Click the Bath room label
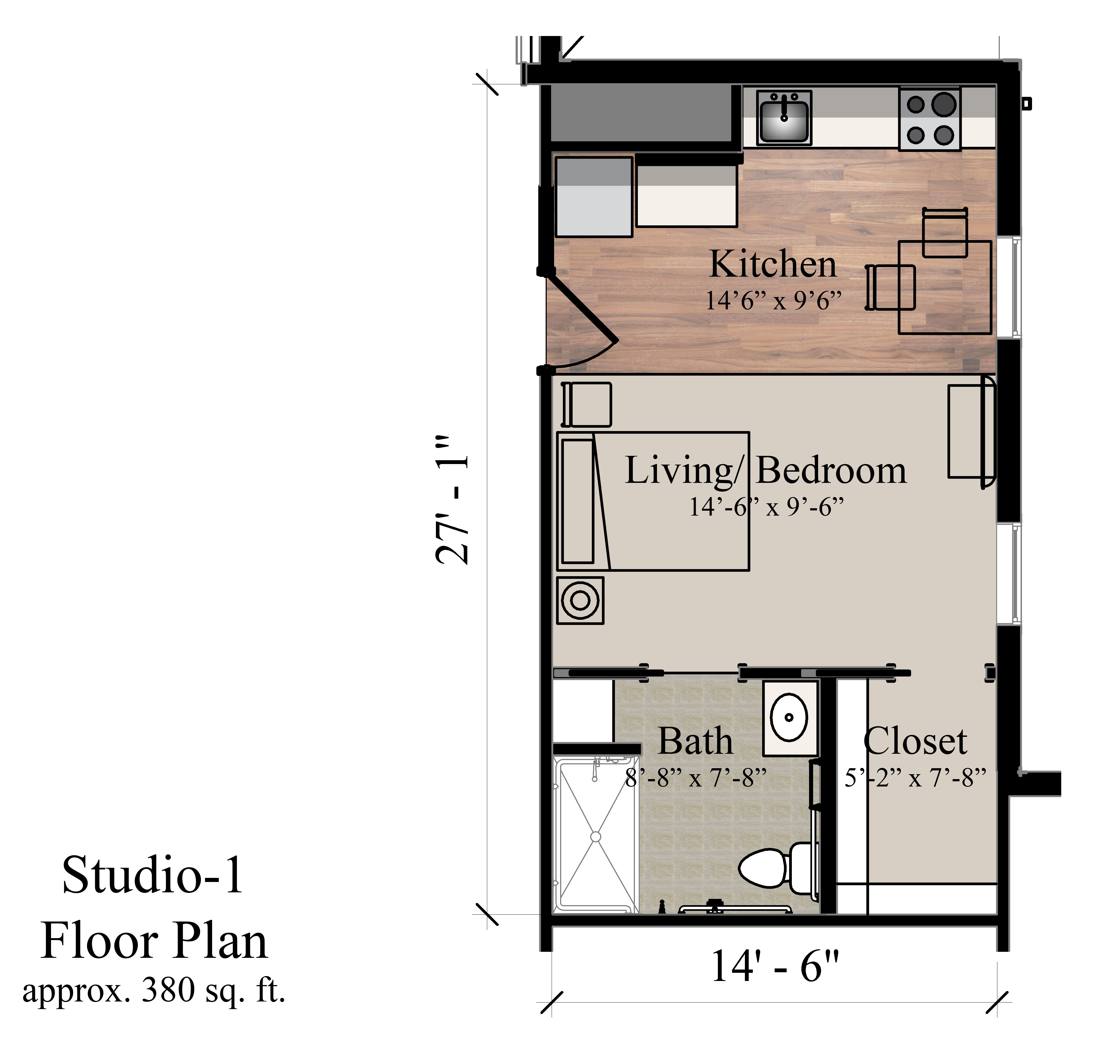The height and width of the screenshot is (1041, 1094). point(695,741)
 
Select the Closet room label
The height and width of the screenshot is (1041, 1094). point(915,741)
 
